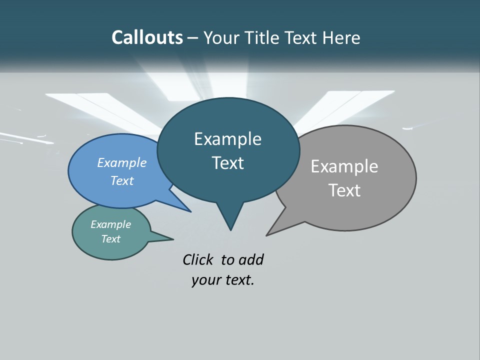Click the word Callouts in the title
point(147,37)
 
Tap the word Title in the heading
point(261,37)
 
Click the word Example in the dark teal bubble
point(227,139)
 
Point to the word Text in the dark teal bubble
point(227,163)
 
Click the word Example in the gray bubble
point(344,166)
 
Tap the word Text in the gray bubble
point(344,190)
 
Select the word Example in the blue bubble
point(122,162)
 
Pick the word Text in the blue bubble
point(122,180)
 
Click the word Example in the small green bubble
point(111,224)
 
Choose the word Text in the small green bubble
point(111,239)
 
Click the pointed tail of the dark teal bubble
point(230,220)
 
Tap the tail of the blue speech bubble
point(180,205)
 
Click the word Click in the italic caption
point(198,259)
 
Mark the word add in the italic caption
point(251,259)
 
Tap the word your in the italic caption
point(205,280)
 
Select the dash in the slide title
point(193,38)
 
